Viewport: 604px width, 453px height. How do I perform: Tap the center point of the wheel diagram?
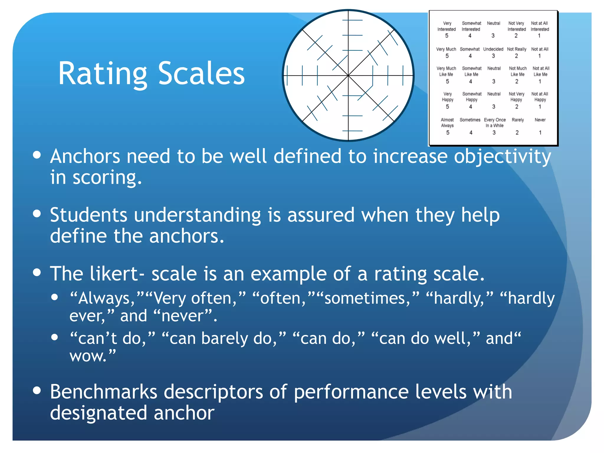point(348,76)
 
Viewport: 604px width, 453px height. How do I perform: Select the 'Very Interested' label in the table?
point(447,26)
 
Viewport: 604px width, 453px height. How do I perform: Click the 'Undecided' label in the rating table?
point(493,49)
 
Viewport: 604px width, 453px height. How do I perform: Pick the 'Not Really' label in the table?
point(516,49)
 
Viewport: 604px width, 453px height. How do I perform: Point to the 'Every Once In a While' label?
point(495,123)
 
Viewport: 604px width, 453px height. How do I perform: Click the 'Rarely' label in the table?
point(518,120)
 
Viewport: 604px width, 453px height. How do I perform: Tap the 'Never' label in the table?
point(540,120)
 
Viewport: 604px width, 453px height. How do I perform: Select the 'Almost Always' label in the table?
point(447,123)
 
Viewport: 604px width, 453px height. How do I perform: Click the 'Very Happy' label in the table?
point(447,97)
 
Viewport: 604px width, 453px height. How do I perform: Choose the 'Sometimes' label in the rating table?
point(470,120)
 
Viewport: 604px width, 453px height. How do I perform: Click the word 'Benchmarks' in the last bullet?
point(104,392)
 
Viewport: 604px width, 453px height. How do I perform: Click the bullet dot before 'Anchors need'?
point(37,155)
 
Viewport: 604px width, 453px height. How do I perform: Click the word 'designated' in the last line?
point(99,413)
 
